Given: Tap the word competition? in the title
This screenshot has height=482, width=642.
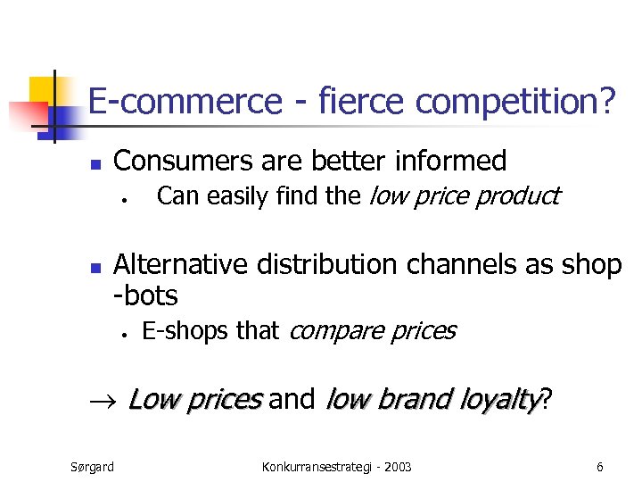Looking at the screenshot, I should coord(515,103).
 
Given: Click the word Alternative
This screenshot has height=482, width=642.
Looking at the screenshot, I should coord(182,265).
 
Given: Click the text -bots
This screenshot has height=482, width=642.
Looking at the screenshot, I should coord(146,295).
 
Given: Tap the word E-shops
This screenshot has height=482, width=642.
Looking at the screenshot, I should coord(186,331).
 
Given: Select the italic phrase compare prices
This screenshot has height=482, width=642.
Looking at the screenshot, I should coord(373,331).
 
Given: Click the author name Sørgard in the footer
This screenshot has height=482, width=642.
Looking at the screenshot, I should coord(92,467).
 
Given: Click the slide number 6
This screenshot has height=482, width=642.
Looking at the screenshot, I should coord(600,467).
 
